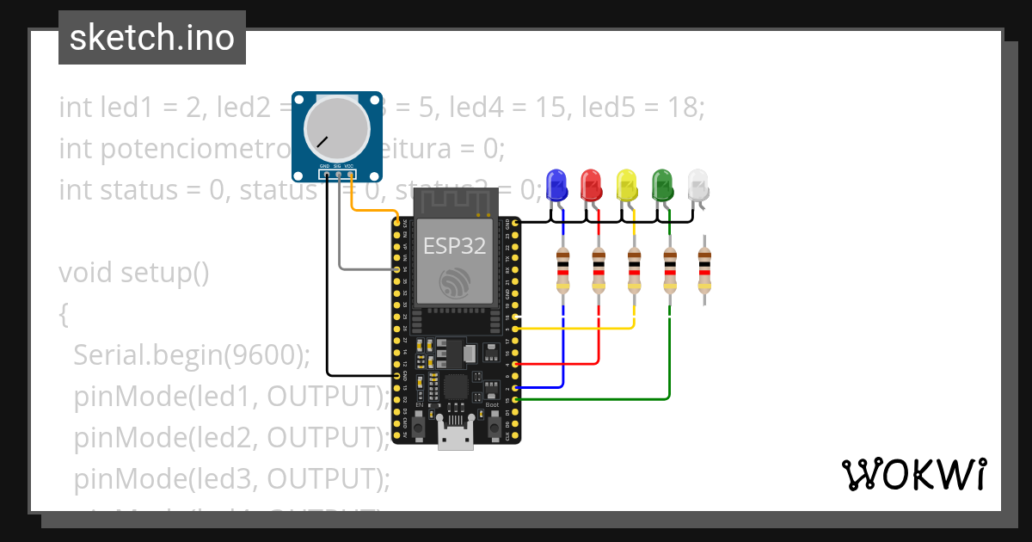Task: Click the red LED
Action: [592, 184]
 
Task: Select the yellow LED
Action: [628, 184]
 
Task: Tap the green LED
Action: [663, 184]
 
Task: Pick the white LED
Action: [699, 184]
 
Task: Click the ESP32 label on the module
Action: [455, 247]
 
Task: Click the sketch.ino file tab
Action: [152, 38]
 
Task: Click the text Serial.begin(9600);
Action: [191, 354]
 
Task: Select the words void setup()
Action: [134, 274]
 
